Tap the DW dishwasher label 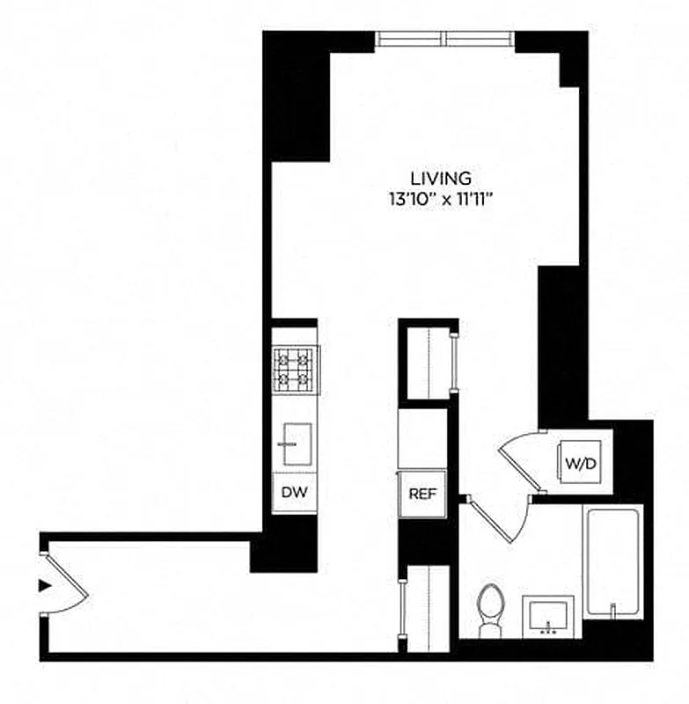295,493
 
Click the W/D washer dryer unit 581,461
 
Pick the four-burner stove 296,370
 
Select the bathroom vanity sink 548,614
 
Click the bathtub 614,563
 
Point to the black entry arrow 44,585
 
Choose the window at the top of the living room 445,38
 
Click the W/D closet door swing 519,458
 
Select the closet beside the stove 427,361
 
